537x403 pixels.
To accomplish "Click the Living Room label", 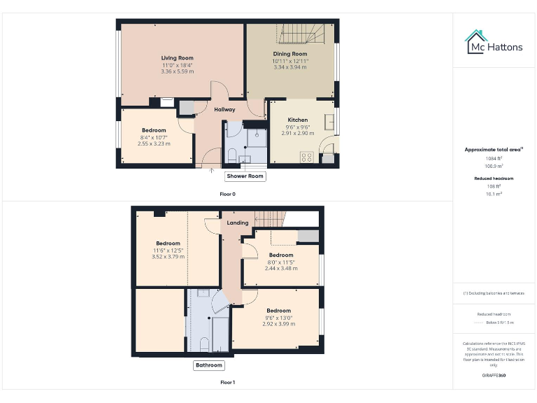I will coord(177,58).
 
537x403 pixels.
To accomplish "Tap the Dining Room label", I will coord(289,54).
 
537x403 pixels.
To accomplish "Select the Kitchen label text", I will coord(298,120).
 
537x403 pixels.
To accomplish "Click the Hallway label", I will coord(224,109).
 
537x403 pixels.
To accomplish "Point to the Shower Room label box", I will coord(245,176).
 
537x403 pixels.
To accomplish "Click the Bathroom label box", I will coord(208,365).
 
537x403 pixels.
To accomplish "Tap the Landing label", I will coord(238,222).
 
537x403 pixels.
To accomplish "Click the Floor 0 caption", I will coord(227,193).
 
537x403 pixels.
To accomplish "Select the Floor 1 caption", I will coord(227,383).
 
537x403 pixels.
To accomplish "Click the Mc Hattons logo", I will coord(494,43).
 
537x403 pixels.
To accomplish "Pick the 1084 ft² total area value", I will coord(494,159).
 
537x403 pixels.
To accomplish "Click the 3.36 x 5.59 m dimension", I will coord(177,71).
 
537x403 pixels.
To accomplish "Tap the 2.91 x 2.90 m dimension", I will coord(298,133).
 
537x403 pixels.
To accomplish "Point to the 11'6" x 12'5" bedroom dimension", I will coord(168,250).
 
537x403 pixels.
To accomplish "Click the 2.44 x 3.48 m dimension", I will coord(281,268).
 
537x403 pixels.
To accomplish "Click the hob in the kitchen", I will coord(306,157).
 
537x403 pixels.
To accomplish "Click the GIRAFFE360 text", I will coord(494,376).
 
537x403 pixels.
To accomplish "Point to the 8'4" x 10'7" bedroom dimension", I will coord(154,137).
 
